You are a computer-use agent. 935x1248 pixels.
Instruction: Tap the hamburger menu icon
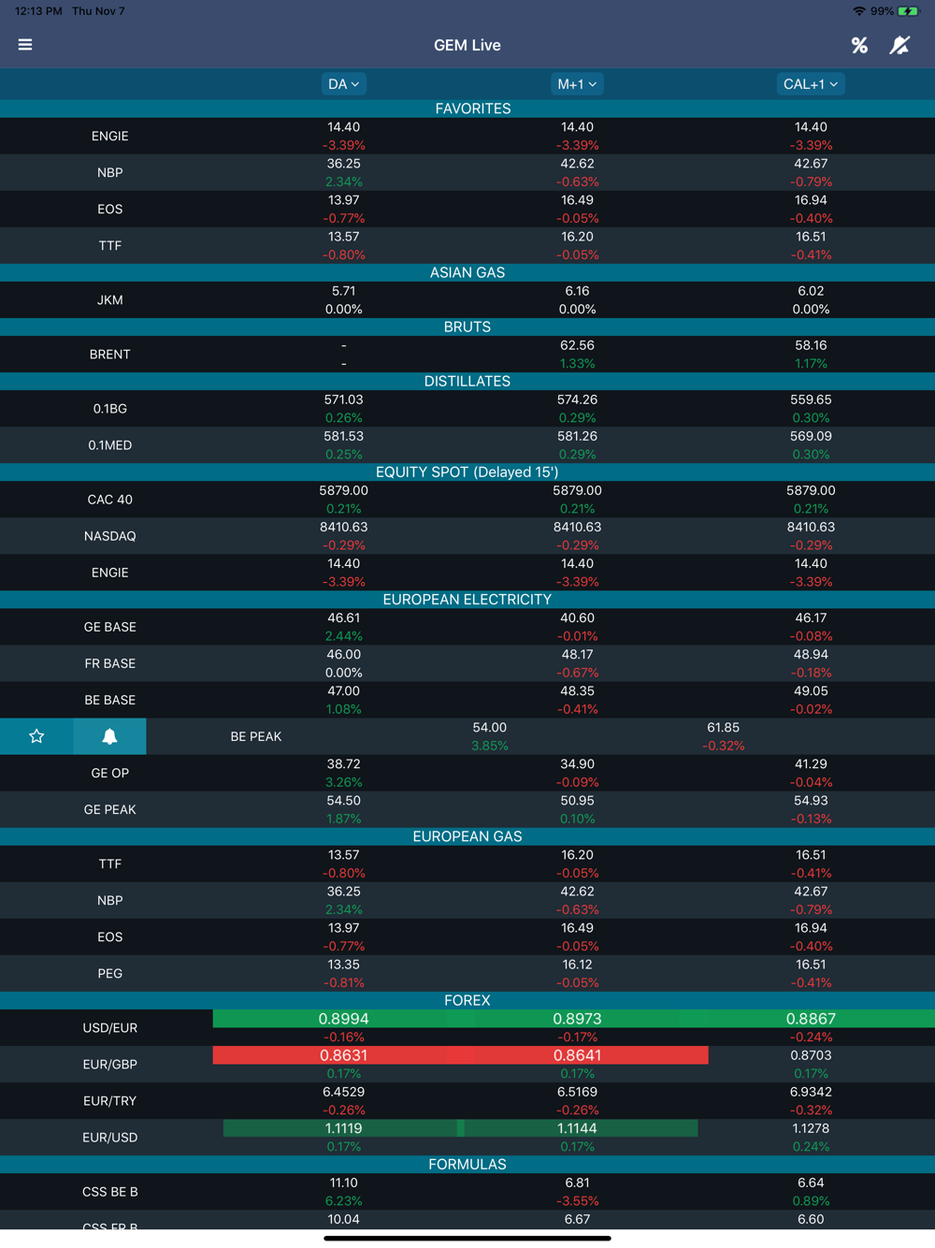pos(25,45)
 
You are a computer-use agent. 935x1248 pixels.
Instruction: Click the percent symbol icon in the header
pos(859,45)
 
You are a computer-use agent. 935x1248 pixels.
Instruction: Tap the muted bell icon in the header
pos(899,45)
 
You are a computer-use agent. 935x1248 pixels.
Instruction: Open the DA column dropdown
pos(343,84)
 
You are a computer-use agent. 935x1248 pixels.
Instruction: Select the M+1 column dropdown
pos(577,84)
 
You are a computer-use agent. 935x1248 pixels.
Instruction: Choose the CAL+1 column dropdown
pos(810,84)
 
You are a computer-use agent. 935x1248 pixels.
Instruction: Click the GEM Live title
pos(467,45)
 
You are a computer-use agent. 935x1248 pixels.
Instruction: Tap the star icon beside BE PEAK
pos(36,736)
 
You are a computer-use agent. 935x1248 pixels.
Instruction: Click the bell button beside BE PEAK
pos(109,736)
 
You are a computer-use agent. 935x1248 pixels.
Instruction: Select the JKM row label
pos(109,300)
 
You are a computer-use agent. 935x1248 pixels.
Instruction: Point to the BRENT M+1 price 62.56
pos(577,345)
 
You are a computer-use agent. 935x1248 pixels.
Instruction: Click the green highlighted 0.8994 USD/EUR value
pos(343,1019)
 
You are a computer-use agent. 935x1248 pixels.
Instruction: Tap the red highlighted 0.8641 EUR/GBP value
pos(577,1055)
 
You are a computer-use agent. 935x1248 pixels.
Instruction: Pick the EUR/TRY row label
pos(109,1101)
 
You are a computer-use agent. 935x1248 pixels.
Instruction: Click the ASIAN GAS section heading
pos(467,272)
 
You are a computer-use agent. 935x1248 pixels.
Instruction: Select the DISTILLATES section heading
pos(467,382)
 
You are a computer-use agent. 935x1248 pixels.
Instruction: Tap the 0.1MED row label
pos(109,445)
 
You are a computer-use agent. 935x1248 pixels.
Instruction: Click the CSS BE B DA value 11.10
pos(343,1183)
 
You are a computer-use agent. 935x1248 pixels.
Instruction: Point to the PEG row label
pos(109,974)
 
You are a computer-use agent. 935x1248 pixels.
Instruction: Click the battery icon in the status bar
pos(908,11)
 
